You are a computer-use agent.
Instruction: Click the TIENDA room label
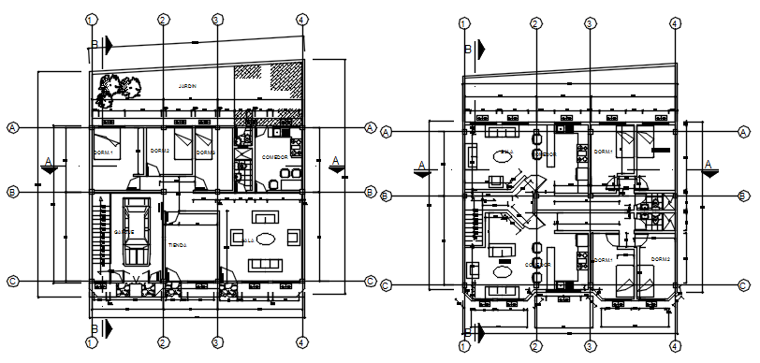tap(178, 245)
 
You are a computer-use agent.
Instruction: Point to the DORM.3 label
tap(205, 152)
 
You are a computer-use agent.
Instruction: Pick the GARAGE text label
tap(123, 231)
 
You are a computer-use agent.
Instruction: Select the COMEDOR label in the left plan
tap(274, 157)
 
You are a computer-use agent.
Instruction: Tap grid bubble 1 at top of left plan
tap(91, 20)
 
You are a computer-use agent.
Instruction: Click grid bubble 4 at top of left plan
tap(300, 20)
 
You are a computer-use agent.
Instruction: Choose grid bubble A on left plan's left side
tap(13, 127)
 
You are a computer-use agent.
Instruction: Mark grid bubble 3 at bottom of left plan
tap(216, 342)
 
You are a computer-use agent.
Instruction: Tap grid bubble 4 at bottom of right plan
tap(675, 346)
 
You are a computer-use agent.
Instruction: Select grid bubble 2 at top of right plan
tap(535, 24)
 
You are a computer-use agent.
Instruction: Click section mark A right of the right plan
tap(709, 169)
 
